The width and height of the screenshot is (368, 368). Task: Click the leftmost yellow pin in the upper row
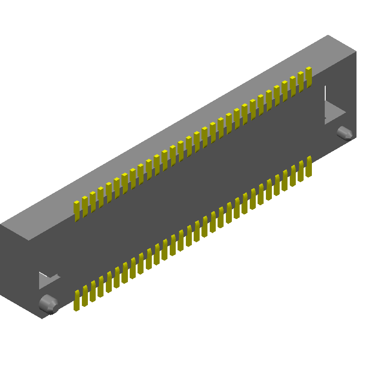[x=77, y=211]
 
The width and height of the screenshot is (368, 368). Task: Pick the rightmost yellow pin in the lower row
[x=309, y=166]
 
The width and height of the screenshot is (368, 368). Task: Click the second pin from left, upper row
[x=85, y=207]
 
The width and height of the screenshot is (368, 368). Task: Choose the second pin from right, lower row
[x=301, y=171]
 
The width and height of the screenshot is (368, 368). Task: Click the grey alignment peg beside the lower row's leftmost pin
[x=48, y=303]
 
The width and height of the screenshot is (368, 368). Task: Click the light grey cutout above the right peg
[x=333, y=110]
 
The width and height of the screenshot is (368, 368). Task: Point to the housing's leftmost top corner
[x=1, y=224]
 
